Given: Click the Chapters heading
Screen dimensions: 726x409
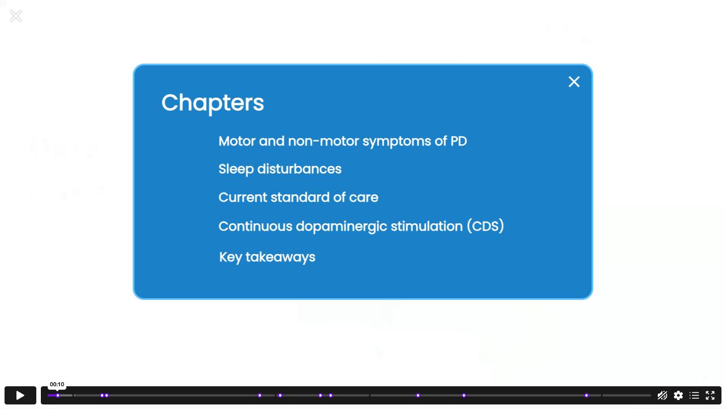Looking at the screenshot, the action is click(x=213, y=103).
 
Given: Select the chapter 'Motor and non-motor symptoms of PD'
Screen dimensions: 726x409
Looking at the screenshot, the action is click(x=343, y=141).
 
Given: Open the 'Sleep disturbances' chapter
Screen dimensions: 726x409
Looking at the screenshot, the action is click(x=280, y=169).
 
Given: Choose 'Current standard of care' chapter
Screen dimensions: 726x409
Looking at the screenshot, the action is click(x=298, y=197).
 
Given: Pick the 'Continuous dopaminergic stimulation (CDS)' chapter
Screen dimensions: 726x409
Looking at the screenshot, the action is click(x=361, y=226).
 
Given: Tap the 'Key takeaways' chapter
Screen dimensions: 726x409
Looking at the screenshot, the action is click(x=267, y=257).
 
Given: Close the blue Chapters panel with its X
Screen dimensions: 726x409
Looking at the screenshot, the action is click(x=573, y=82).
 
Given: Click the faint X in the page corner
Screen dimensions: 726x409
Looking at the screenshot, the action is click(x=15, y=16).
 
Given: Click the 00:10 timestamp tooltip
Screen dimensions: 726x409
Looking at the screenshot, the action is click(x=57, y=385).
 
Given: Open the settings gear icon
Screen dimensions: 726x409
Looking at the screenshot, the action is click(x=678, y=395).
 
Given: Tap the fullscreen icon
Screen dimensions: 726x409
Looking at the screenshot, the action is click(x=710, y=395).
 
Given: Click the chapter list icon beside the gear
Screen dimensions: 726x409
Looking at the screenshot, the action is click(x=694, y=395).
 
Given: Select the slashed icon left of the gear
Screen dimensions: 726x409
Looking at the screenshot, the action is click(x=662, y=395).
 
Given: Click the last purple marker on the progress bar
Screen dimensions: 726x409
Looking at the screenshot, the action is click(x=586, y=395).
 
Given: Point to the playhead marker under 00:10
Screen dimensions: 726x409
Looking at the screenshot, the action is click(x=58, y=395).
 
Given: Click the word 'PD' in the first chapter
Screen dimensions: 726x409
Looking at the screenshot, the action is click(x=459, y=141).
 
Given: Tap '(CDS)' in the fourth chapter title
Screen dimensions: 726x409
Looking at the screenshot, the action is click(x=486, y=226).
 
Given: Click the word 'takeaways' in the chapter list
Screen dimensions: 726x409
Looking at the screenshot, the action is click(x=280, y=257).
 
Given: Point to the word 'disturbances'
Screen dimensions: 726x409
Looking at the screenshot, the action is click(x=299, y=169).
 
